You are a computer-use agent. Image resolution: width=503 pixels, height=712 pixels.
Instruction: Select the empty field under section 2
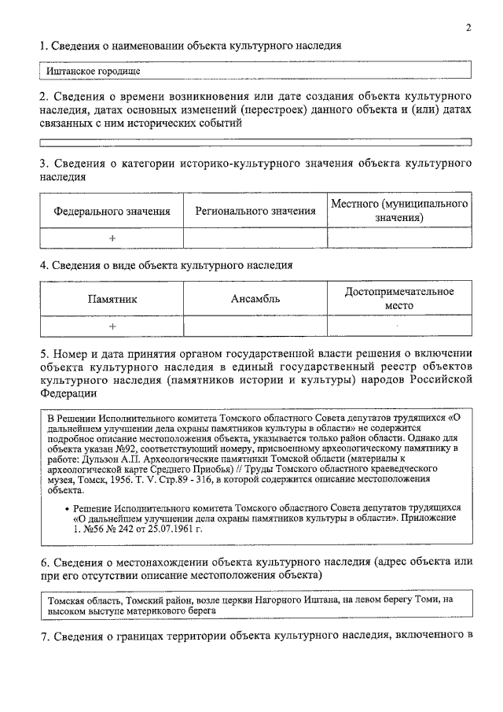pos(255,142)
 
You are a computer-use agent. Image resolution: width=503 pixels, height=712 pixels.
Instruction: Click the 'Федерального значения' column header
pos(112,211)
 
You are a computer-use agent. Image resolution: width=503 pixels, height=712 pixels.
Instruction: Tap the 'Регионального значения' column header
pos(255,211)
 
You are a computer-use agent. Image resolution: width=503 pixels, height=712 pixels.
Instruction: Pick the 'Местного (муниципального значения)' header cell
pos(399,210)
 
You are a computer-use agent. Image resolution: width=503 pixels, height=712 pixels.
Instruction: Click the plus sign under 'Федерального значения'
pos(112,238)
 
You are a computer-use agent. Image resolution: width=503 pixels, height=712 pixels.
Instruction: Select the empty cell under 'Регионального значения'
pos(255,238)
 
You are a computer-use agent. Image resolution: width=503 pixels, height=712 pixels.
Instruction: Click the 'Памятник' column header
pos(112,299)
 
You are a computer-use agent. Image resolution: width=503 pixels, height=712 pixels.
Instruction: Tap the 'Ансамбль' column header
pos(255,299)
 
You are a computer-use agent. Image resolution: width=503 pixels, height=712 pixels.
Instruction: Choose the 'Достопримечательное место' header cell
pos(399,298)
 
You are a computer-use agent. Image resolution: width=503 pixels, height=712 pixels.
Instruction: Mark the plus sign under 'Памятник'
pos(112,326)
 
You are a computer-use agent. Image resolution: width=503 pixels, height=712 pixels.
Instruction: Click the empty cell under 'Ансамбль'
pos(255,326)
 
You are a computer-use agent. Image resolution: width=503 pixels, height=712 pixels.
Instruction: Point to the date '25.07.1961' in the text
pos(176,531)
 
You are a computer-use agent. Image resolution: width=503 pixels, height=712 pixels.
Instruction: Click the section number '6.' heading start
pos(45,563)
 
